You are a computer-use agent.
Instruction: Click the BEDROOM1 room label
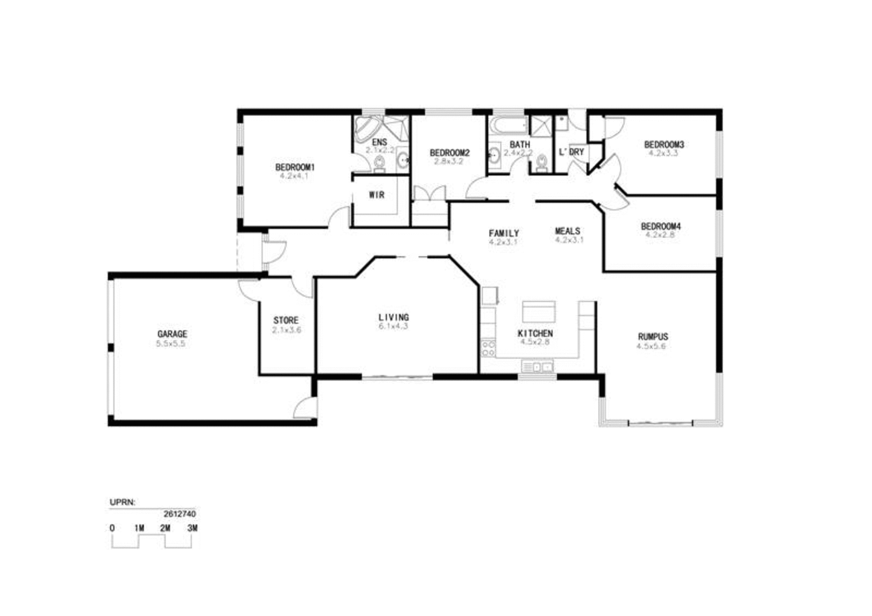point(294,168)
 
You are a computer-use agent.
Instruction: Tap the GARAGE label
point(172,334)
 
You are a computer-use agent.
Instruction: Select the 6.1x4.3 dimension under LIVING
point(394,327)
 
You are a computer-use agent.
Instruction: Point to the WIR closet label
point(377,195)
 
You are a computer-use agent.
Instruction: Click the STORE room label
point(286,320)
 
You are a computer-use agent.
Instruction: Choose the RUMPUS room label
point(653,336)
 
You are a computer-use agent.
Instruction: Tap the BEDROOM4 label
point(660,226)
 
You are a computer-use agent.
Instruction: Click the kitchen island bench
point(538,311)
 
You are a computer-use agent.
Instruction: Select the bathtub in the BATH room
point(508,124)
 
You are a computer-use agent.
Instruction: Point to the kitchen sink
point(537,367)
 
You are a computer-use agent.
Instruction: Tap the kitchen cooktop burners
point(488,348)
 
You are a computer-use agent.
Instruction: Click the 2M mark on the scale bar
point(166,528)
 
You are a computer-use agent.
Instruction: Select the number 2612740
point(180,514)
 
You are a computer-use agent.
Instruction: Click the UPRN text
point(122,502)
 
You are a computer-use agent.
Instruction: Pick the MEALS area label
point(567,231)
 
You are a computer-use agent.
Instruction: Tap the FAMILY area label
point(503,233)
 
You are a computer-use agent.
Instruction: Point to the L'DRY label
point(571,152)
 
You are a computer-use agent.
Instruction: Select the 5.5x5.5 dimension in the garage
point(171,344)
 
